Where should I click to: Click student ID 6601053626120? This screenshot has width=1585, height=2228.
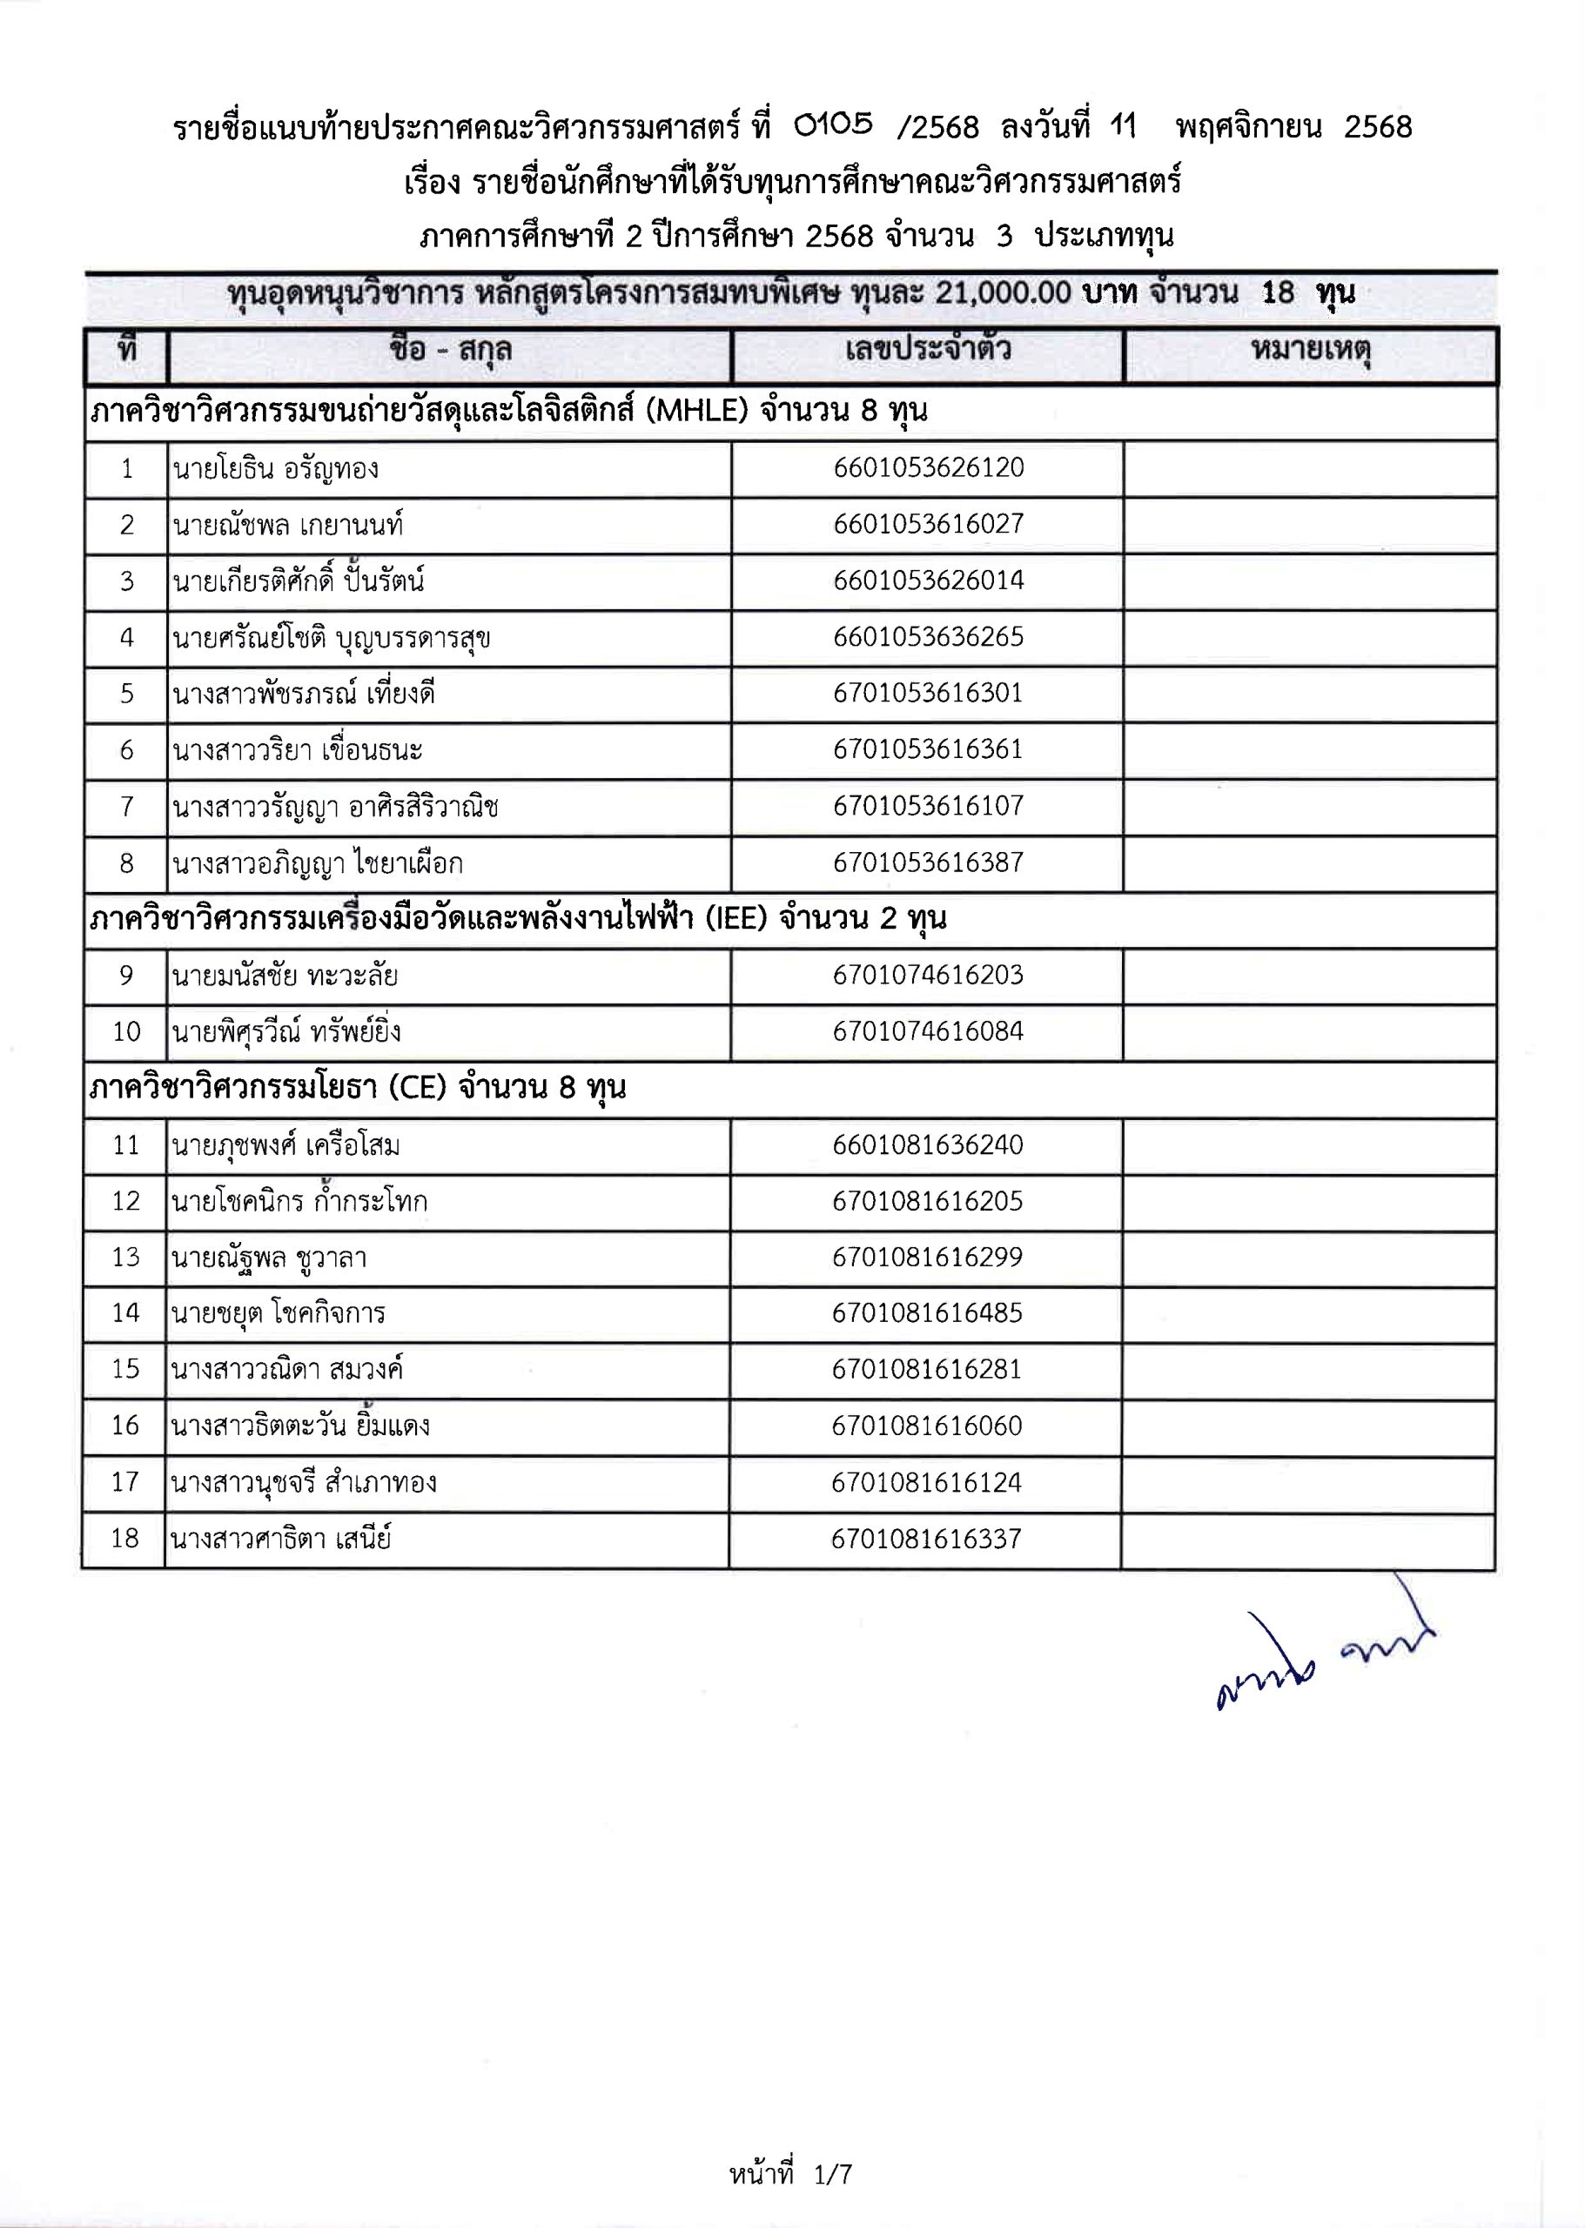point(928,467)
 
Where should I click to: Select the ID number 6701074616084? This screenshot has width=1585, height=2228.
point(927,1031)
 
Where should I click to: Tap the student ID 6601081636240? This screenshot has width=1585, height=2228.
point(927,1144)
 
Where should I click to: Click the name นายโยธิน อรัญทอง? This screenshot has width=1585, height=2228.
point(275,469)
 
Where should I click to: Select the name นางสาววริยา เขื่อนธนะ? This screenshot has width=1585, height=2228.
point(297,750)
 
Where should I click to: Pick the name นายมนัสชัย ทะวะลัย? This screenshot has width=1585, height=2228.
point(284,976)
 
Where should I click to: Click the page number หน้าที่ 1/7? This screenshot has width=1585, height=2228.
point(790,2173)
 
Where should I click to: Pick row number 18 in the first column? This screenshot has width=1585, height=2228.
point(125,1539)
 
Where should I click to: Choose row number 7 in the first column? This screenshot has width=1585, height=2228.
point(127,807)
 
